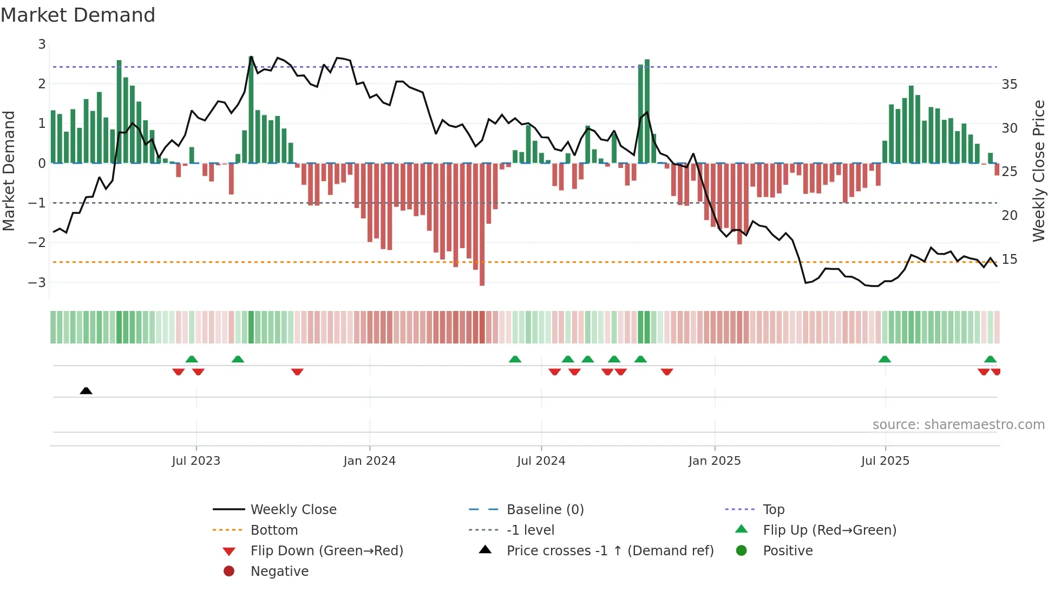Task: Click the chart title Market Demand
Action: [78, 15]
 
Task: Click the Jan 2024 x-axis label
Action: [369, 461]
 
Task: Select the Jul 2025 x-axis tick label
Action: [885, 461]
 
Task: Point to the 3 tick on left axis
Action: [42, 44]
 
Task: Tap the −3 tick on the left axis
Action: [38, 282]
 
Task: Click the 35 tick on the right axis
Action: [1009, 85]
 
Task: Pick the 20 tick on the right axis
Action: [1009, 216]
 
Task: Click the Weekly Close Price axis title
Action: [1038, 171]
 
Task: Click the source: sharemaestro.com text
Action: [958, 425]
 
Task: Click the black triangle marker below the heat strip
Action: [86, 391]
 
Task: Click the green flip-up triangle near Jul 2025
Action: [885, 359]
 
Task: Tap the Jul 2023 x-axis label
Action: [196, 461]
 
